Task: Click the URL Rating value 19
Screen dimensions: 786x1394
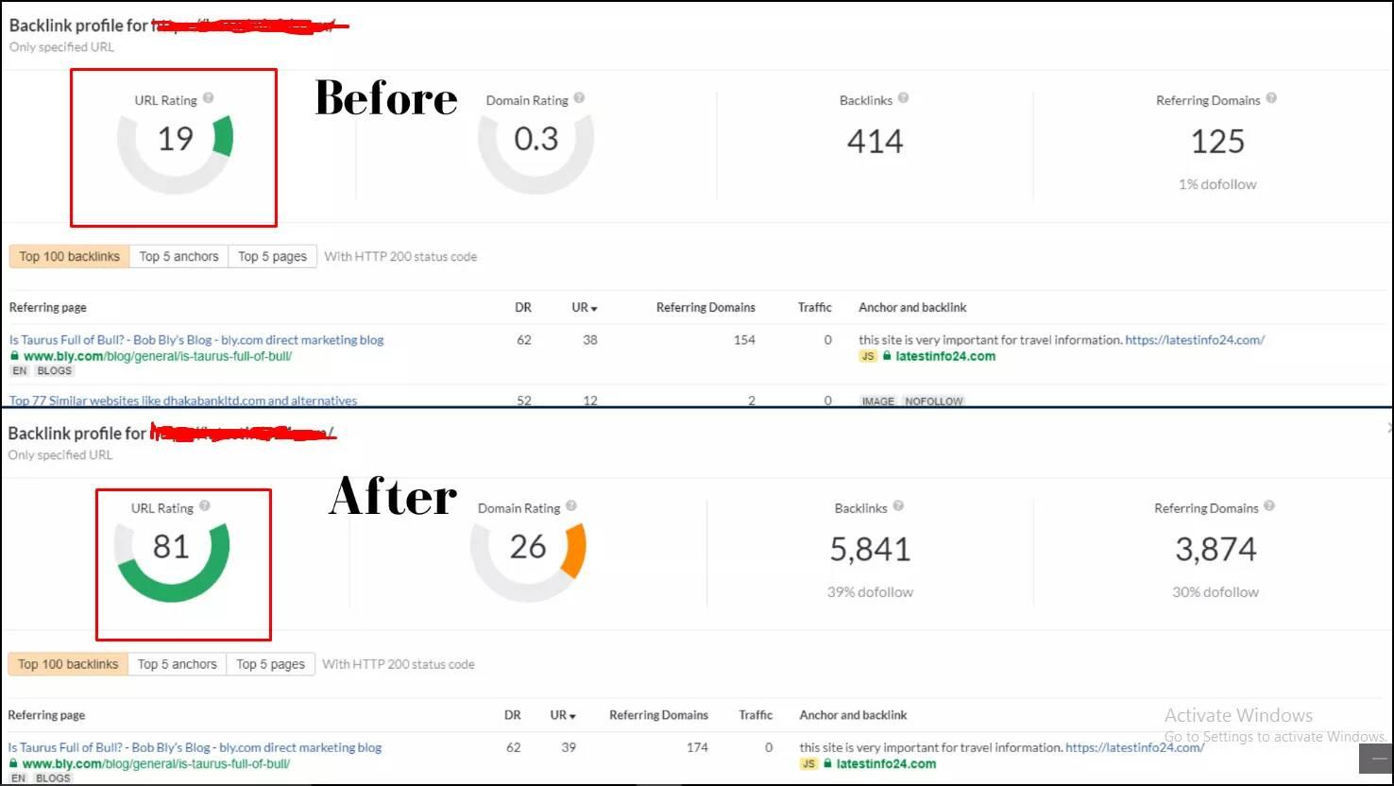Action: tap(175, 140)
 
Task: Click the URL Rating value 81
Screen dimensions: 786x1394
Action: tap(171, 547)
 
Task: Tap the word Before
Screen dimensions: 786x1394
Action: tap(385, 98)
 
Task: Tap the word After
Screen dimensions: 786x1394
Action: tap(393, 497)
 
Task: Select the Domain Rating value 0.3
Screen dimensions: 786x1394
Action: tap(535, 140)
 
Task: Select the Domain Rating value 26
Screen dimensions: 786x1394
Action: tap(528, 547)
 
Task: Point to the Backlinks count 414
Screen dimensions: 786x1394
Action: tap(875, 142)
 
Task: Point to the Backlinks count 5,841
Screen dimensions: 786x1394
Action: tap(870, 550)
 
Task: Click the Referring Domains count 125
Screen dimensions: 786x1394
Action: tap(1217, 142)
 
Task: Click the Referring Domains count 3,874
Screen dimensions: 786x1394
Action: tap(1215, 550)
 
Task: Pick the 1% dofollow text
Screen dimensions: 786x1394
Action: tap(1217, 184)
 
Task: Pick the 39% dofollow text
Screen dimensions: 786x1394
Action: tap(870, 592)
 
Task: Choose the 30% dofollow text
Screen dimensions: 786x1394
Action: tap(1215, 592)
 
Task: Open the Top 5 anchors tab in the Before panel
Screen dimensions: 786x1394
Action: tap(178, 256)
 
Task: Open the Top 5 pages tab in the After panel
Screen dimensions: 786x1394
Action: tap(270, 664)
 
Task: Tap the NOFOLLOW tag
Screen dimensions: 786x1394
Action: tap(934, 402)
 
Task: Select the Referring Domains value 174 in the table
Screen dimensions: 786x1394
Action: tap(697, 747)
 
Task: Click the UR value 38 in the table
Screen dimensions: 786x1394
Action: tap(590, 340)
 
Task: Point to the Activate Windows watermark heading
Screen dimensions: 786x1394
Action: tap(1238, 715)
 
